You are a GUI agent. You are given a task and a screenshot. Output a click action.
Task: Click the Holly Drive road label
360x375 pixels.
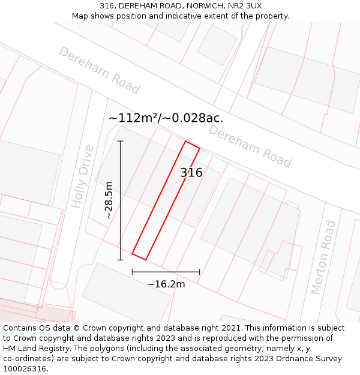point(83,176)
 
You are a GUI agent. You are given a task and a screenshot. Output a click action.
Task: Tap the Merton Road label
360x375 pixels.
point(323,257)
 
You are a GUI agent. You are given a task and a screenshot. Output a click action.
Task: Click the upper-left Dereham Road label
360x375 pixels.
point(99,70)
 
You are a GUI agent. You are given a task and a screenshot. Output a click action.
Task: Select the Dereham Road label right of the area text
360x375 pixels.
point(250,146)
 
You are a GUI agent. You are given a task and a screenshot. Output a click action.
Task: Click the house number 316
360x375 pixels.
point(191,173)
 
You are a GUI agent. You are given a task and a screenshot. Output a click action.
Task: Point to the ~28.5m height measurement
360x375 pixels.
point(109,200)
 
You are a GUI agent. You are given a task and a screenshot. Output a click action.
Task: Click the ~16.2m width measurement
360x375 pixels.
point(166,284)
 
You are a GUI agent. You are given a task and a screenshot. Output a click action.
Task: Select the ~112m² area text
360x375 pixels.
point(133,118)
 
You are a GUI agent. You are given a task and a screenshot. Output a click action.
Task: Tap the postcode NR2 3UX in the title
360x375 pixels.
point(244,6)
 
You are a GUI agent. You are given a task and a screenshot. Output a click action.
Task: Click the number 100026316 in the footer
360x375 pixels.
point(25,368)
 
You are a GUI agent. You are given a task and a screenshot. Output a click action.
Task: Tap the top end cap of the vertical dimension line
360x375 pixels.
point(120,141)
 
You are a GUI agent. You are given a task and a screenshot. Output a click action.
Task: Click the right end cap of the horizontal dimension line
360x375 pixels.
point(200,272)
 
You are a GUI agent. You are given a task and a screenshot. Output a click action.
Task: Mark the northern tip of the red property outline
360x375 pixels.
point(185,142)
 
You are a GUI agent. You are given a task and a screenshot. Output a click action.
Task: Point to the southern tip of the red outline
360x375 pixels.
point(146,260)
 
